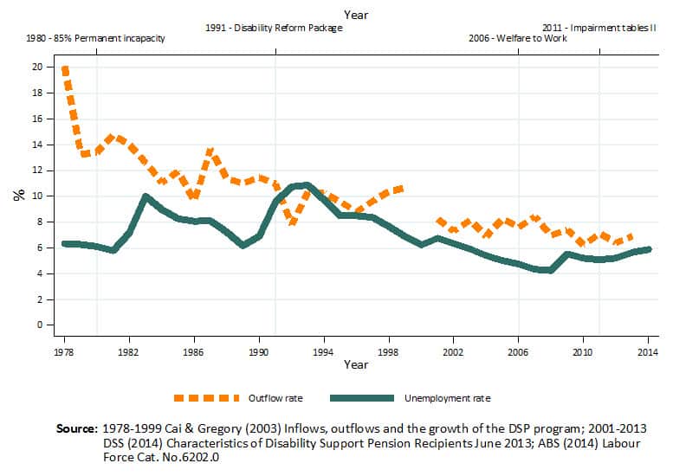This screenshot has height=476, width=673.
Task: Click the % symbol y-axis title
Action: click(x=18, y=195)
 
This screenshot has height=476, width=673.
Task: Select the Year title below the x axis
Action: click(x=355, y=365)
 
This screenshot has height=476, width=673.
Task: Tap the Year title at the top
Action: click(x=355, y=14)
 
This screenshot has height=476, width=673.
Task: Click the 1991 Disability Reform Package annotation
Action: click(x=275, y=28)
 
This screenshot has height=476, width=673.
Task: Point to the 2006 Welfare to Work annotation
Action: click(x=517, y=39)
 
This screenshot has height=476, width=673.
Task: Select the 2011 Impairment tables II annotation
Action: click(x=599, y=28)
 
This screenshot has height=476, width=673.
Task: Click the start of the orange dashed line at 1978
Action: click(x=65, y=68)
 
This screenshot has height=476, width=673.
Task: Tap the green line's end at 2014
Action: click(x=648, y=249)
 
